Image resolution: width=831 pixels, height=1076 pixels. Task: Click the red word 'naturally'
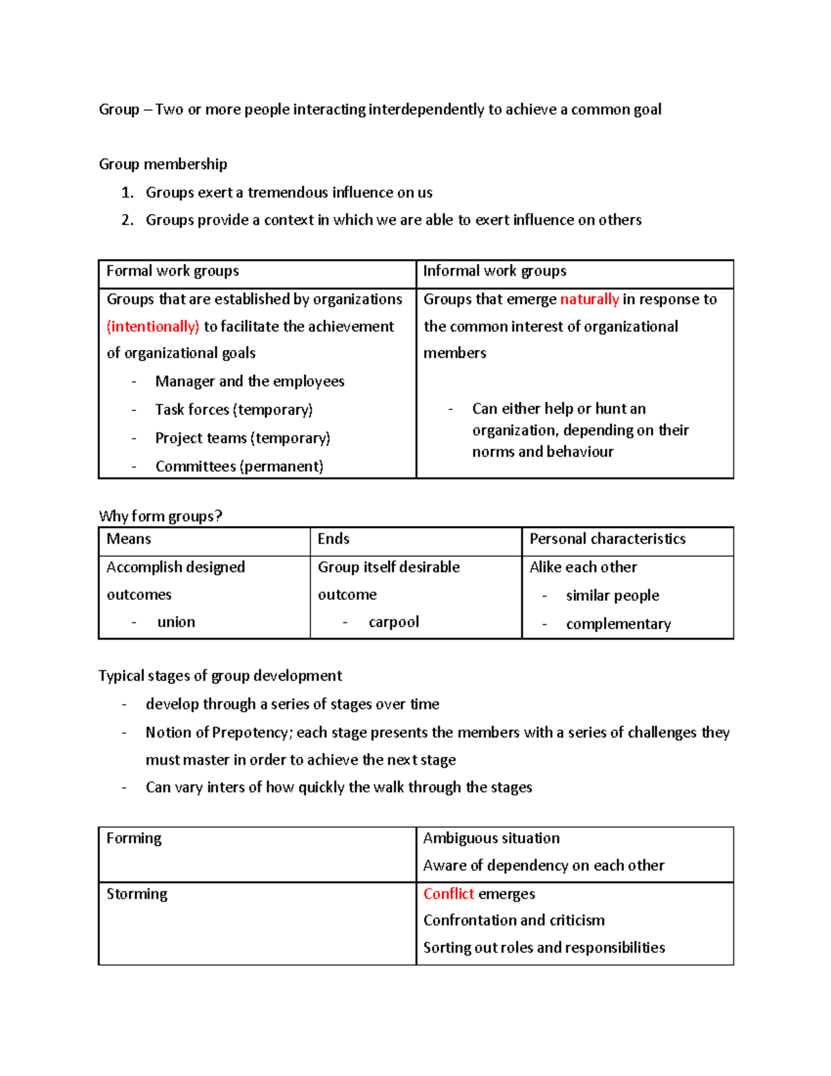pyautogui.click(x=589, y=299)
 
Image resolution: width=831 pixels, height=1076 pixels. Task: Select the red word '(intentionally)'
pyautogui.click(x=153, y=326)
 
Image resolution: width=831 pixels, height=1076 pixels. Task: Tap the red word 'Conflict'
pyautogui.click(x=449, y=894)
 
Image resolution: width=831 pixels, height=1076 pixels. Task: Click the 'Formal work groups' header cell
pyautogui.click(x=172, y=271)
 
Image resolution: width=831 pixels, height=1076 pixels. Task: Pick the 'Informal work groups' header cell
pyautogui.click(x=494, y=271)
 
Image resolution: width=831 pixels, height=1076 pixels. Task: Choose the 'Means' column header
pyautogui.click(x=129, y=539)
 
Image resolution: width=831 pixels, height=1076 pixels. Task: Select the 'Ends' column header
pyautogui.click(x=333, y=539)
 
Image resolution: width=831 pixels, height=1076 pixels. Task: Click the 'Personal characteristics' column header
pyautogui.click(x=607, y=539)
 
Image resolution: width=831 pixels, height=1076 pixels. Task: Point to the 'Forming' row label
pyautogui.click(x=134, y=838)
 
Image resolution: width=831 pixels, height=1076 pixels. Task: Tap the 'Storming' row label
pyautogui.click(x=136, y=894)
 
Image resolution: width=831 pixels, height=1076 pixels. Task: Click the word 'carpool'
pyautogui.click(x=393, y=622)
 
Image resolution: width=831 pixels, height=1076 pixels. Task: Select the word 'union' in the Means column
pyautogui.click(x=176, y=622)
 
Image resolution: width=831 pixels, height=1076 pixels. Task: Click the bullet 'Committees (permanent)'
pyautogui.click(x=239, y=466)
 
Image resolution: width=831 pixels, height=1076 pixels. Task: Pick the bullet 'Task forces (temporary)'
pyautogui.click(x=233, y=409)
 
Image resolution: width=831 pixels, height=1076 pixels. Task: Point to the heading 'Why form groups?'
pyautogui.click(x=161, y=516)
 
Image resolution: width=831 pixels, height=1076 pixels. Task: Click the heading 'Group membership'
pyautogui.click(x=163, y=164)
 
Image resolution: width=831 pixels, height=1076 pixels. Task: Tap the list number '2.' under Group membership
pyautogui.click(x=127, y=220)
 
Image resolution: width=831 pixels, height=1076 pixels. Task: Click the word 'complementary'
pyautogui.click(x=618, y=624)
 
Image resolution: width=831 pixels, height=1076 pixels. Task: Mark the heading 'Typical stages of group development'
pyautogui.click(x=220, y=676)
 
